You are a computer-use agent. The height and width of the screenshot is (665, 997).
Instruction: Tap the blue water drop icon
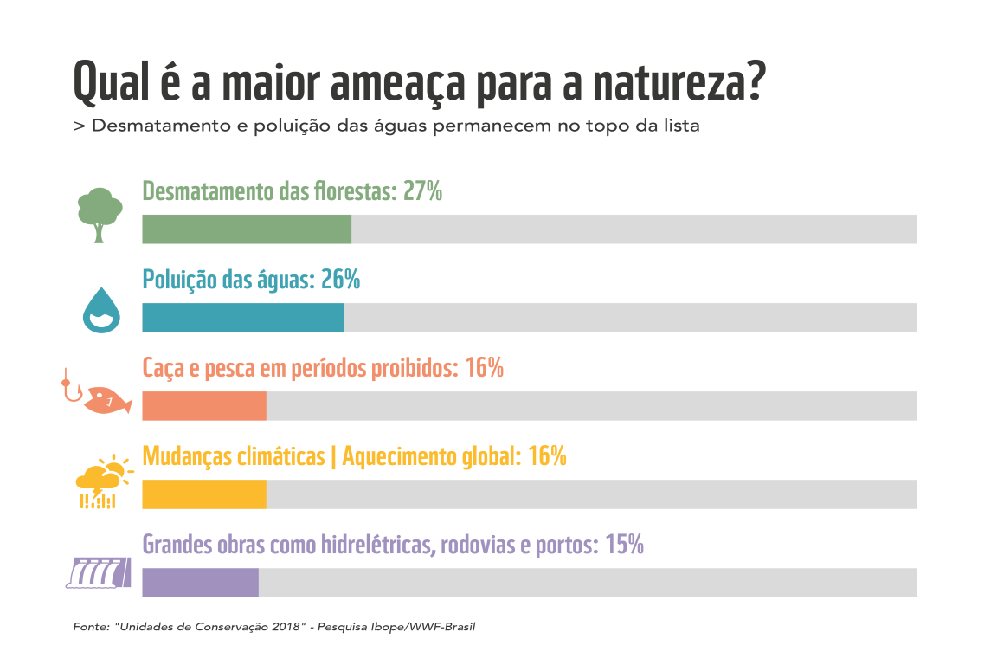click(101, 310)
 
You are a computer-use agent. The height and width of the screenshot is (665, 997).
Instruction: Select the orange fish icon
click(106, 402)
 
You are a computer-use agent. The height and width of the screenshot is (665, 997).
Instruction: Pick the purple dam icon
click(98, 572)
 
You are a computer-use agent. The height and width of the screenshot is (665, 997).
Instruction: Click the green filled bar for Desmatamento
click(247, 229)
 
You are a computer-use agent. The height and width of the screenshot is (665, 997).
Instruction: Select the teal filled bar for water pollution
click(242, 318)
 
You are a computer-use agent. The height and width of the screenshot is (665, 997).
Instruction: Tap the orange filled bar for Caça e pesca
click(204, 406)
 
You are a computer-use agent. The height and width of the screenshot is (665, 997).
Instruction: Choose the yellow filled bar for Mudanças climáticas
click(204, 494)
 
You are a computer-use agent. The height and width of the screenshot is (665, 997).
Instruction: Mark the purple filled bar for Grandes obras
click(200, 583)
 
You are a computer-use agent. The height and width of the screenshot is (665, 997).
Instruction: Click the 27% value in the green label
click(422, 191)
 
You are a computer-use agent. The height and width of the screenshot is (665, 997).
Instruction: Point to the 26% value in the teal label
click(339, 280)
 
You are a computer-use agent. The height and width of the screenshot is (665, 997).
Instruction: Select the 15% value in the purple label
click(624, 545)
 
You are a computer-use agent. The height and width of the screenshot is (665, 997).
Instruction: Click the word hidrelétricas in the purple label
click(377, 545)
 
